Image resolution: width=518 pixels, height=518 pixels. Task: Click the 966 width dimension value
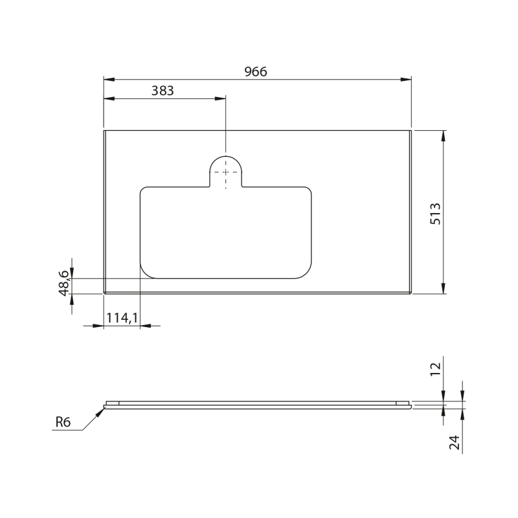pyautogui.click(x=255, y=71)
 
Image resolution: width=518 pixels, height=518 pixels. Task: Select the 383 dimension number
pyautogui.click(x=163, y=91)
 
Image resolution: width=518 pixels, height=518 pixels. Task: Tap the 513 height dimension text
pyautogui.click(x=435, y=214)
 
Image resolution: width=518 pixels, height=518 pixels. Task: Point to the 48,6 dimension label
pyautogui.click(x=63, y=283)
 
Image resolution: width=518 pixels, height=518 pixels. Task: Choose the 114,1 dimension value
pyautogui.click(x=122, y=318)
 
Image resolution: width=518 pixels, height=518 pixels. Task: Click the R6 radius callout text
pyautogui.click(x=63, y=422)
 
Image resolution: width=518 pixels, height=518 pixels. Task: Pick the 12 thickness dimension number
pyautogui.click(x=435, y=368)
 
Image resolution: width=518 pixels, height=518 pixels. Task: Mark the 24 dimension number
pyautogui.click(x=455, y=442)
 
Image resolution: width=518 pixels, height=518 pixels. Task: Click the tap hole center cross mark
pyautogui.click(x=225, y=172)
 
